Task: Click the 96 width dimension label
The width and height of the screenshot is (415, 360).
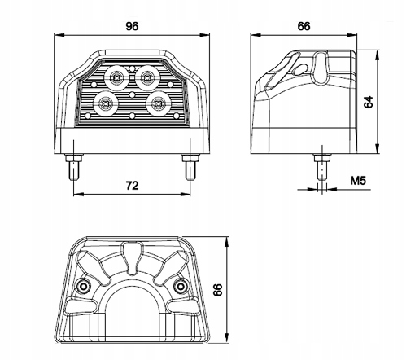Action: point(132,26)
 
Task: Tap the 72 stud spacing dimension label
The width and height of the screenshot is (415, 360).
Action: point(132,186)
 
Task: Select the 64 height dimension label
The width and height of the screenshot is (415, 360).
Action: point(369,102)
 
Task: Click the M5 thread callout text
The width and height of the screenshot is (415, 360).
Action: point(358,180)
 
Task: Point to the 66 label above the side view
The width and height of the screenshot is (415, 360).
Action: point(304,26)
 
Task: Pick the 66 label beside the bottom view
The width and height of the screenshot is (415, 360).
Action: point(217,290)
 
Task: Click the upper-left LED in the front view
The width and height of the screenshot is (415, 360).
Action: point(116,77)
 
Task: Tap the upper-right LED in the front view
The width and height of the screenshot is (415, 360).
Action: point(147,77)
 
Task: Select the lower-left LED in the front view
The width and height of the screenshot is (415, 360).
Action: point(105,103)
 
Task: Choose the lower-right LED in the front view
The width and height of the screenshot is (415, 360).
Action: point(158,103)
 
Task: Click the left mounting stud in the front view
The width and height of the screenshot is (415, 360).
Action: point(74,166)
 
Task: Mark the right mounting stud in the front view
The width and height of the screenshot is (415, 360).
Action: point(190,166)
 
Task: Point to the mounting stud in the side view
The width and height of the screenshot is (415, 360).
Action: point(322,166)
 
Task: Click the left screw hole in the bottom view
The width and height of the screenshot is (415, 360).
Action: point(83,286)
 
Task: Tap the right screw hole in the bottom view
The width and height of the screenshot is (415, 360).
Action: point(180,286)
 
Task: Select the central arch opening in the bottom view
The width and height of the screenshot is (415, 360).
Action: point(132,303)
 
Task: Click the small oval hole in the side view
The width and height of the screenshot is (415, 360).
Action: point(300,69)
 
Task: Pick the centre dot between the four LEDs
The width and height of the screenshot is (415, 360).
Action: point(132,94)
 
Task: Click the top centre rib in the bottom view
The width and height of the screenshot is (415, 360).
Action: point(132,257)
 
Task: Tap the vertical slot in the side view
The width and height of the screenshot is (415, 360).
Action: point(321,67)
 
